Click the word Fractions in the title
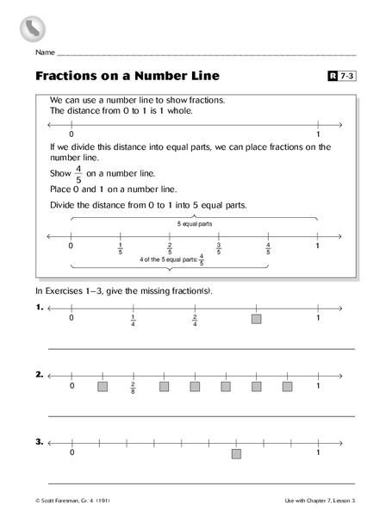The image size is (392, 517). (66, 75)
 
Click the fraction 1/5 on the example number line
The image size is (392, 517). (121, 249)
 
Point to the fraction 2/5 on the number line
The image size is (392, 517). (170, 249)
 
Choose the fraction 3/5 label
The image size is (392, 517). (219, 249)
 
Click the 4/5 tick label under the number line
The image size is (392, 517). (269, 249)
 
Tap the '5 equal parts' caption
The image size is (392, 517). (194, 223)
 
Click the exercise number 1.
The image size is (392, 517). (40, 307)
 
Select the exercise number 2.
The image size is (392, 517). (40, 375)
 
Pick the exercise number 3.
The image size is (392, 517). (40, 441)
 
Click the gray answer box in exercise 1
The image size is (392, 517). (256, 319)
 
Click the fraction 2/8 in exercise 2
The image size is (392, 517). (134, 388)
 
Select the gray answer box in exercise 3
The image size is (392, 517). (236, 453)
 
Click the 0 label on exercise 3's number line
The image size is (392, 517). (72, 452)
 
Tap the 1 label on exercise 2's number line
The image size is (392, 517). (318, 386)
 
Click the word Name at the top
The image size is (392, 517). (45, 53)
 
